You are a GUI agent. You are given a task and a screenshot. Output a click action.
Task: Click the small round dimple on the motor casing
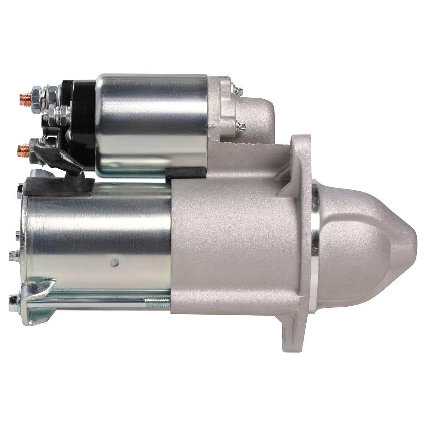point(114,262)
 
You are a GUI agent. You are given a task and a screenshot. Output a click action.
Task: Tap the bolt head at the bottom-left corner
point(13,300)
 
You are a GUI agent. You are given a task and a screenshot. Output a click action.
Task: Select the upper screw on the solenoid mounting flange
point(239,90)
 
